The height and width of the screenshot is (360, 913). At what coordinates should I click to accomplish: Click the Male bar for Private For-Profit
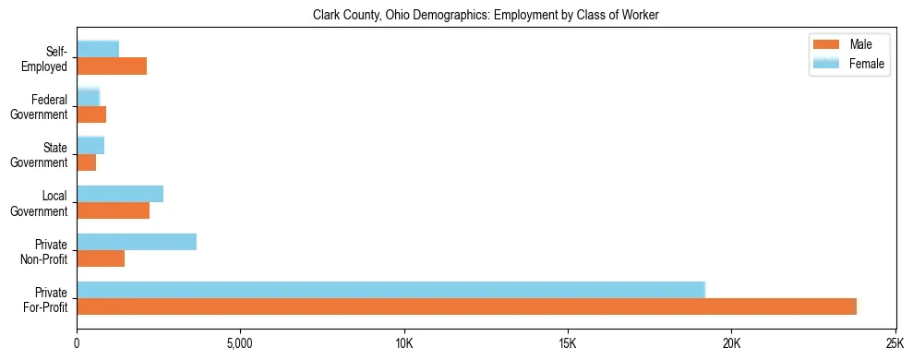tap(466, 306)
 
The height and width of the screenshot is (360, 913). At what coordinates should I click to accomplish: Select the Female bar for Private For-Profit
tap(390, 289)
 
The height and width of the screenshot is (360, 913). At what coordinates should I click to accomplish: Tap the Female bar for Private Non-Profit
tap(137, 242)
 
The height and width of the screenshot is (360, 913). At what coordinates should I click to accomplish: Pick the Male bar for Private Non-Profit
tap(101, 258)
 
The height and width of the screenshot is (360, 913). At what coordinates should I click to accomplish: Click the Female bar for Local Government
tap(120, 194)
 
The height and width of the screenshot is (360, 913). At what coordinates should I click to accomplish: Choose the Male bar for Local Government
tap(113, 210)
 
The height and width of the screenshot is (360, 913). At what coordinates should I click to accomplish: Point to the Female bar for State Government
tap(90, 145)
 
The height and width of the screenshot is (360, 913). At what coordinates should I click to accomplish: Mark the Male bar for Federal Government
tap(91, 114)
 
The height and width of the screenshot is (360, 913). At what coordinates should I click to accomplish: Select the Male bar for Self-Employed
tap(112, 66)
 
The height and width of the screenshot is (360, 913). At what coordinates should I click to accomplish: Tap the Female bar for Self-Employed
tap(98, 49)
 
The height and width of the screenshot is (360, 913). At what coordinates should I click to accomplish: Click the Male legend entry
tap(848, 44)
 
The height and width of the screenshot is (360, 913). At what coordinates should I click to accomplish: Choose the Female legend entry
tap(848, 64)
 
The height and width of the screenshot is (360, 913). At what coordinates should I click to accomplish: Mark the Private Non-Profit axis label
tap(45, 251)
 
